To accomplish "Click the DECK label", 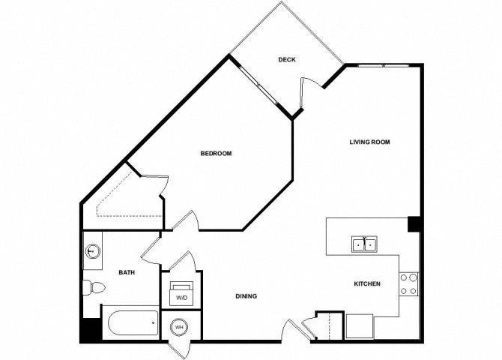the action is pos(286,60).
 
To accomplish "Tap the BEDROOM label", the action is pos(216,154).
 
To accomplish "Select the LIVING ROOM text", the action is pos(369,142).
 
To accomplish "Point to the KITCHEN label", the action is pos(367,283).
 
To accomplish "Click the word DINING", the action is pos(247,296).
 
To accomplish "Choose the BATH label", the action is pos(127,272).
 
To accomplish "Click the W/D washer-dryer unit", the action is pos(181,294).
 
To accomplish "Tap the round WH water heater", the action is pos(179,327).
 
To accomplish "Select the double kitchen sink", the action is pos(364,244).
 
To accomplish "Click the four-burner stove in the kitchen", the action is pos(409,284).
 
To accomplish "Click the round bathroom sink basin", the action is pos(93,251).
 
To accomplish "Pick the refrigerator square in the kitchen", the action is pos(360,326).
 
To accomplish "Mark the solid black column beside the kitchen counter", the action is pos(414,224).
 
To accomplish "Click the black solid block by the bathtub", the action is pos(91,330).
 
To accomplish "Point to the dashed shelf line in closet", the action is pos(121,199).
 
